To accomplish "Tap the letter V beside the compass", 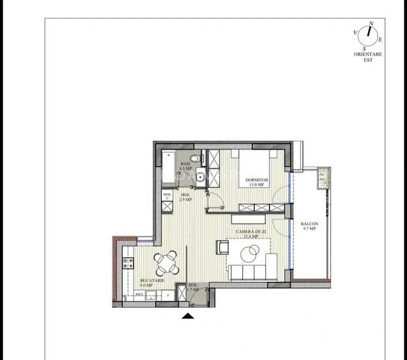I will click(x=355, y=32).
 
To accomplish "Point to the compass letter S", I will click(x=364, y=48).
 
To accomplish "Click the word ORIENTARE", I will click(x=368, y=54).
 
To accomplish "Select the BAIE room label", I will click(x=186, y=164).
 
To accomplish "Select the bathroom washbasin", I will click(x=200, y=178).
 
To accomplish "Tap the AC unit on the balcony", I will click(x=323, y=178).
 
